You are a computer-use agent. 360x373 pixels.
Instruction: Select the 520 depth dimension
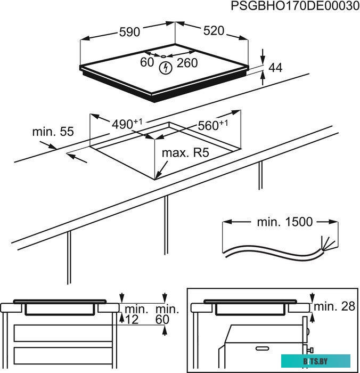point(214,31)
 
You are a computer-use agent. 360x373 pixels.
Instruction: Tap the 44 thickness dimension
point(275,68)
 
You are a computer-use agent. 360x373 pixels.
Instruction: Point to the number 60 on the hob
point(147,63)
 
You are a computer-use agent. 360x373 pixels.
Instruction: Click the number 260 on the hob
point(187,63)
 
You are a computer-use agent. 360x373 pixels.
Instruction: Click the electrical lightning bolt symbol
point(166,68)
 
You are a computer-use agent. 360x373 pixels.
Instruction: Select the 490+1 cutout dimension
point(127,124)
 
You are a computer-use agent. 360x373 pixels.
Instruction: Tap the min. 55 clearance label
point(52,131)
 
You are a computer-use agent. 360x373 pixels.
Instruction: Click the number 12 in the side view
point(132,319)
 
